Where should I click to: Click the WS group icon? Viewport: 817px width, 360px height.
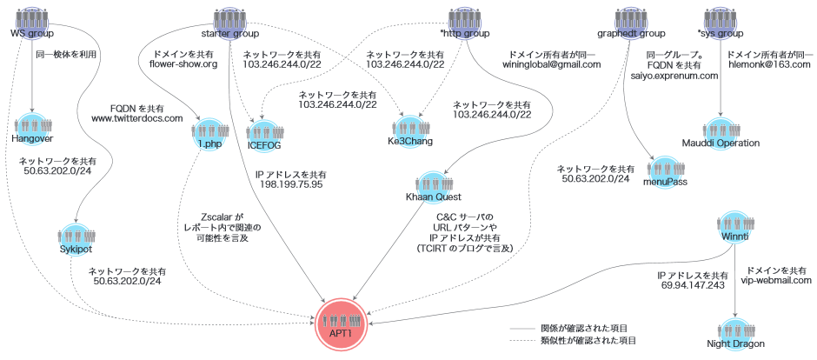[32, 17]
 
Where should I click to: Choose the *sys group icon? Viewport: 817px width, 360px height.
[721, 17]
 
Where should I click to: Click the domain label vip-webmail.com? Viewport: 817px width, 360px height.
[775, 281]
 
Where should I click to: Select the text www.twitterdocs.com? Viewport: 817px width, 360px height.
[137, 117]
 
